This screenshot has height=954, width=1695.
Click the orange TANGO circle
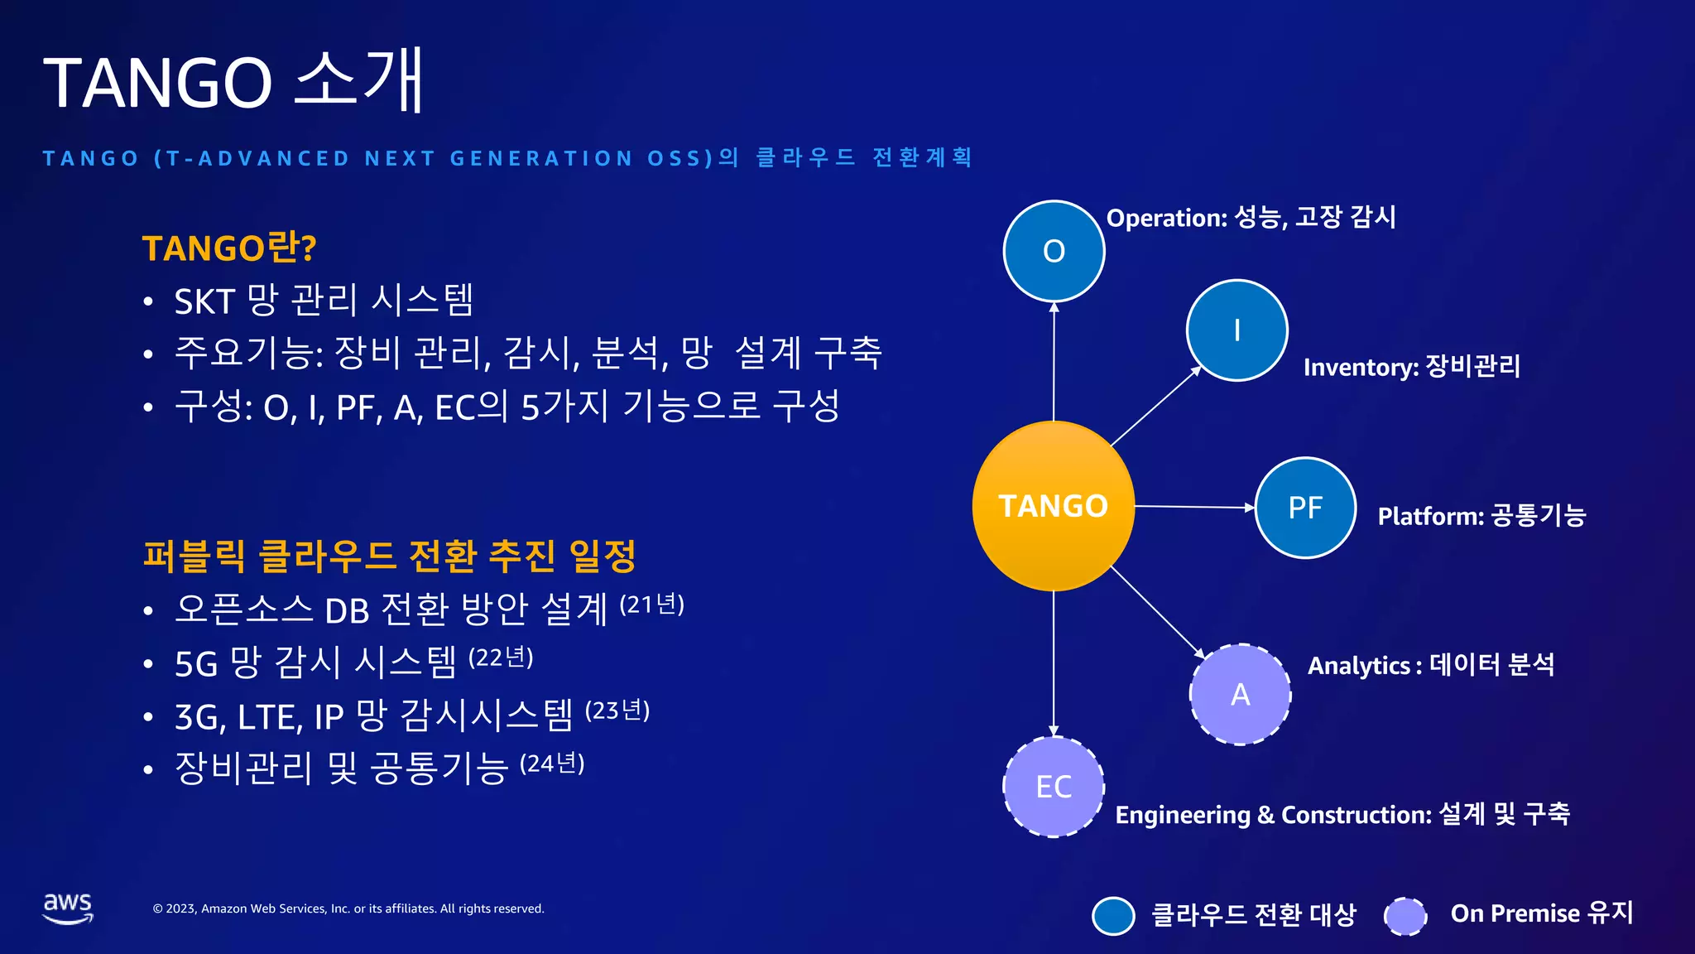pyautogui.click(x=1053, y=505)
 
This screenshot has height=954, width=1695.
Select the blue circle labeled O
pyautogui.click(x=1054, y=251)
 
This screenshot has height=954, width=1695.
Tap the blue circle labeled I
pyautogui.click(x=1236, y=330)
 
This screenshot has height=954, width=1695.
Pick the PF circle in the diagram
pyautogui.click(x=1305, y=508)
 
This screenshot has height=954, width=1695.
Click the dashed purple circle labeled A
pyautogui.click(x=1240, y=694)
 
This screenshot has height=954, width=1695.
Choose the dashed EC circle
pyautogui.click(x=1054, y=787)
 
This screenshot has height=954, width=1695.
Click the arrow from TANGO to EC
pyautogui.click(x=1054, y=662)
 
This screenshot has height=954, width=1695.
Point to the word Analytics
pyautogui.click(x=1359, y=666)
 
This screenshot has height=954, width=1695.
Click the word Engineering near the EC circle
pyautogui.click(x=1182, y=816)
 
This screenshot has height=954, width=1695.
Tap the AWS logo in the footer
pyautogui.click(x=68, y=908)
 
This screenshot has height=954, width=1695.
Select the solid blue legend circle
pyautogui.click(x=1113, y=916)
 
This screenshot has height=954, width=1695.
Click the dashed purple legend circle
pyautogui.click(x=1405, y=916)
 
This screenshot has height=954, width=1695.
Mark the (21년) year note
pyautogui.click(x=652, y=605)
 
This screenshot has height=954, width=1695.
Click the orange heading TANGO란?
pyautogui.click(x=229, y=248)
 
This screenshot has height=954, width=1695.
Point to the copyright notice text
pyautogui.click(x=348, y=908)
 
